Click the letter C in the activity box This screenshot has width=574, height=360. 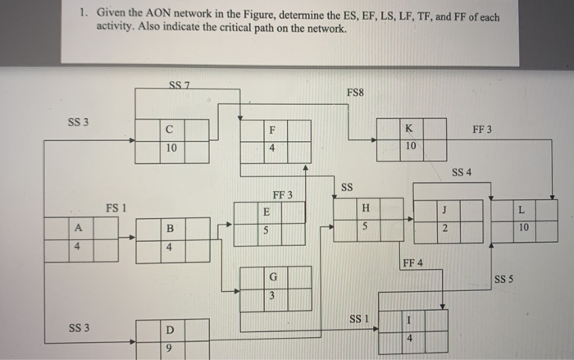pos(169,130)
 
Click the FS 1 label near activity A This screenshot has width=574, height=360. pos(117,208)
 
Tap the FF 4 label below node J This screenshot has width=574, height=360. pos(412,262)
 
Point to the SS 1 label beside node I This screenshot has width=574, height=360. pos(360,317)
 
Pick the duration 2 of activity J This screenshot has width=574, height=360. pos(444,228)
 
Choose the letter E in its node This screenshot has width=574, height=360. pos(266,212)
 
